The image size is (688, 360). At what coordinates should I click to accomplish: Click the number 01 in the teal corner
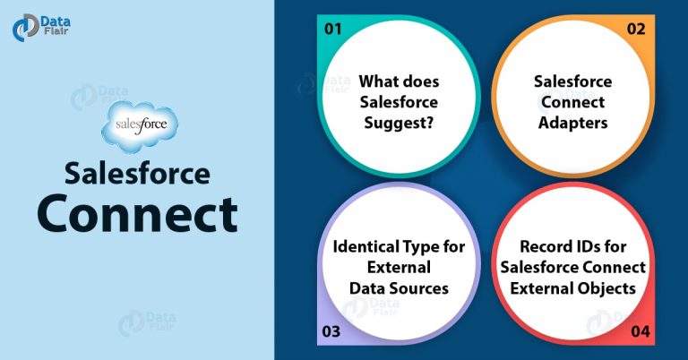(x=332, y=29)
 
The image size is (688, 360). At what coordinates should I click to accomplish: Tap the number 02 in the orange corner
(x=636, y=29)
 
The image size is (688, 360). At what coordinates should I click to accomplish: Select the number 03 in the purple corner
(x=331, y=331)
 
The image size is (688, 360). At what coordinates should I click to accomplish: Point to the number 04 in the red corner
(x=641, y=331)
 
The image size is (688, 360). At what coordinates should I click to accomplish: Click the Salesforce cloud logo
(x=140, y=126)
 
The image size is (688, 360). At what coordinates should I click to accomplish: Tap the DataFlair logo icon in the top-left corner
(x=25, y=27)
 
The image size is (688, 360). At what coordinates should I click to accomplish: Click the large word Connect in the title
(x=138, y=214)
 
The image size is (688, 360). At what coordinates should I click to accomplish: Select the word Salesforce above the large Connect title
(x=137, y=173)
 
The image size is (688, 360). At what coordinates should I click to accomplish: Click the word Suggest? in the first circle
(x=399, y=124)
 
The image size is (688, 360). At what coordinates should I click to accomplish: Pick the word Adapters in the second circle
(x=573, y=124)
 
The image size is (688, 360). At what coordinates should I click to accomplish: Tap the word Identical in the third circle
(x=360, y=246)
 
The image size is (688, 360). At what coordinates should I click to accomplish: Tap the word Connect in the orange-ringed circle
(x=573, y=102)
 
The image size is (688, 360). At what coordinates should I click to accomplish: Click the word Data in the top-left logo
(x=56, y=21)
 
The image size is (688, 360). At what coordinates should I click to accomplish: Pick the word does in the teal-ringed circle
(x=417, y=81)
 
